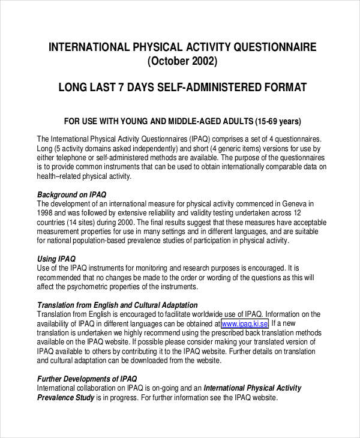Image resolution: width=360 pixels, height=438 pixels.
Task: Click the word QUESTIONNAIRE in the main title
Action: (268, 47)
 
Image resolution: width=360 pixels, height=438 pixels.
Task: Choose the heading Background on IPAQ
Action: (71, 194)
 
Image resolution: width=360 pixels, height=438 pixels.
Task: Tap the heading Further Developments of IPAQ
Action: (87, 379)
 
